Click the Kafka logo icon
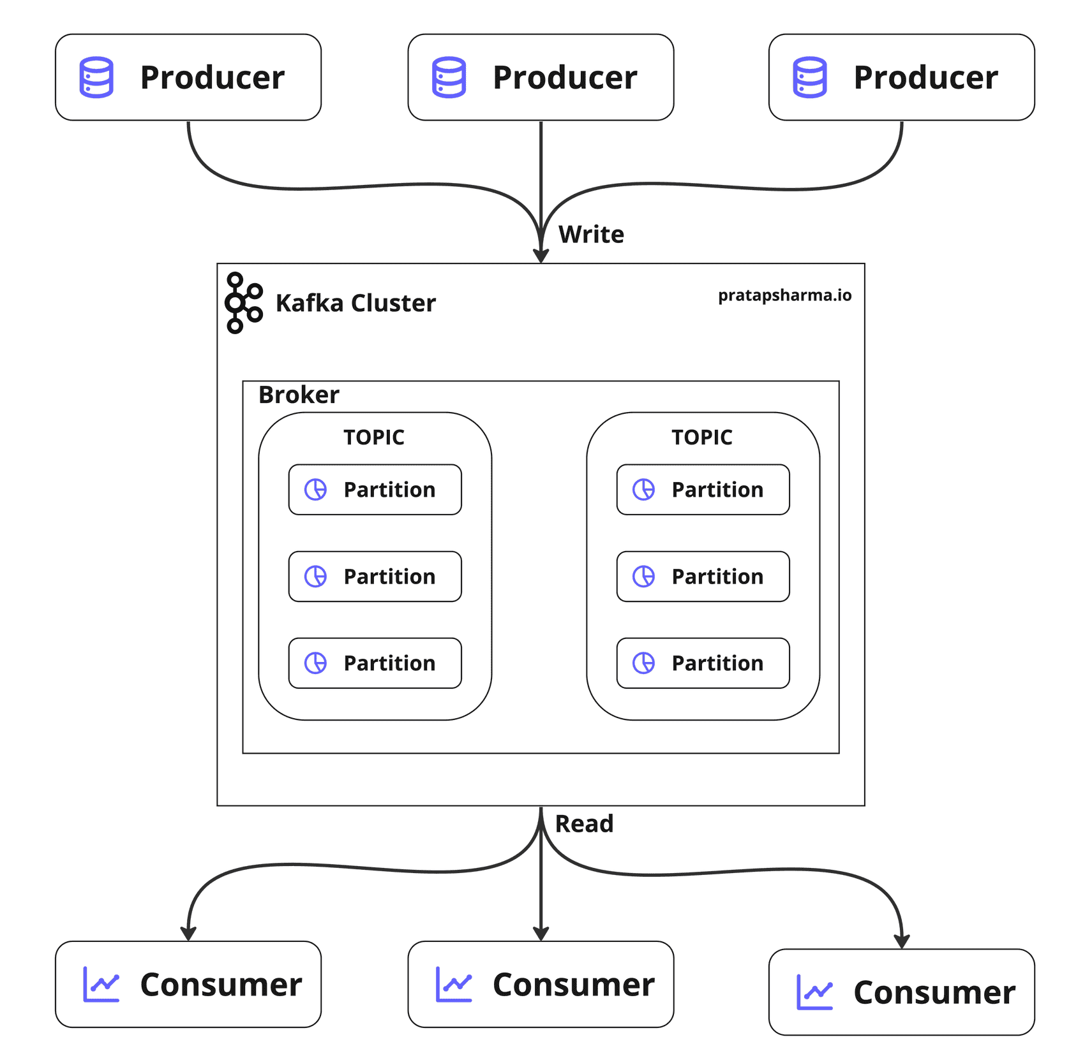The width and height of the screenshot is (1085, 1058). click(x=243, y=303)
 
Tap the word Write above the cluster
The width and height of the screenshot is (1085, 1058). click(x=591, y=235)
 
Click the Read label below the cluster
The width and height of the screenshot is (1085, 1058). click(x=584, y=824)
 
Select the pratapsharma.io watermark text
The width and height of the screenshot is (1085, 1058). click(x=784, y=295)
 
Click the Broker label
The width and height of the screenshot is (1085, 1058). click(x=299, y=395)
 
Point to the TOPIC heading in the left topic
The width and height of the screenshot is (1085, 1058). click(x=374, y=437)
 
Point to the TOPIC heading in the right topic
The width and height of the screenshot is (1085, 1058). click(x=702, y=437)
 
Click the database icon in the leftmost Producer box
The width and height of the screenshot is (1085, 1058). click(x=96, y=77)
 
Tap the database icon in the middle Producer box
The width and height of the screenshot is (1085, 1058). click(x=449, y=77)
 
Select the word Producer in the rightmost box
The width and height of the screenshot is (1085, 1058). click(x=925, y=77)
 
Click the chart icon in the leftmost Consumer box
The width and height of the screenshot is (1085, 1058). click(x=101, y=985)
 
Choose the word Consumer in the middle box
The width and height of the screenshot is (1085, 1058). click(x=573, y=985)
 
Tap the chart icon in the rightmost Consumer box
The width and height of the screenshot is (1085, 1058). click(x=814, y=992)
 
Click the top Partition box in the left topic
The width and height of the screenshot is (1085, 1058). click(x=375, y=490)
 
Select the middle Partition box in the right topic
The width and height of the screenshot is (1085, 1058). click(x=703, y=577)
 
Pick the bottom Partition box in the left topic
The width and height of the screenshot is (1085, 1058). click(x=375, y=663)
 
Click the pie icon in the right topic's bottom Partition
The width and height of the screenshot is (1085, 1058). click(x=643, y=663)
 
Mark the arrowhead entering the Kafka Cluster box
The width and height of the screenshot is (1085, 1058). click(x=541, y=255)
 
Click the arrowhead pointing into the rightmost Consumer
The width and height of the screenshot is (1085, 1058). click(x=901, y=941)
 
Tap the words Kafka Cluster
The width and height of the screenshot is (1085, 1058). click(x=355, y=303)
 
